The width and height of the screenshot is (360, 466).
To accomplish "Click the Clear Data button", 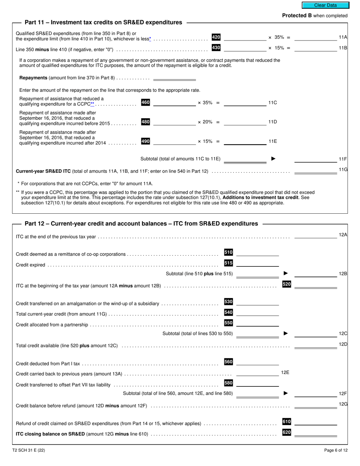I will [x=325, y=5].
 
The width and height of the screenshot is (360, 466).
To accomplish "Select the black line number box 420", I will [x=216, y=37].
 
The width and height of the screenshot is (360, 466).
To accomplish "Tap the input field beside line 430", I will [x=245, y=48].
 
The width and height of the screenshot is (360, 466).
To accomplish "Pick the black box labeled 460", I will [x=146, y=102].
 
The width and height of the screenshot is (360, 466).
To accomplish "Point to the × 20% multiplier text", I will [x=205, y=122].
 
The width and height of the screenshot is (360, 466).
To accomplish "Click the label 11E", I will [x=273, y=141].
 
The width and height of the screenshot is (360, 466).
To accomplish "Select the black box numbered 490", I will [x=146, y=141].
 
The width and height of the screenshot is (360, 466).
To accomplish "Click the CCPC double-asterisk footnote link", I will [x=92, y=104].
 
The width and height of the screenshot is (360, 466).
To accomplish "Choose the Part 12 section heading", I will [x=141, y=224].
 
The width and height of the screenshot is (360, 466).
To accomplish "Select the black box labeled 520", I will [x=286, y=284].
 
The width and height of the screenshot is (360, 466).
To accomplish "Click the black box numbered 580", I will [x=229, y=383].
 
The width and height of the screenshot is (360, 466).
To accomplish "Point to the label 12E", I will [x=285, y=373].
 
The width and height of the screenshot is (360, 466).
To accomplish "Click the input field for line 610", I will [x=315, y=422].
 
